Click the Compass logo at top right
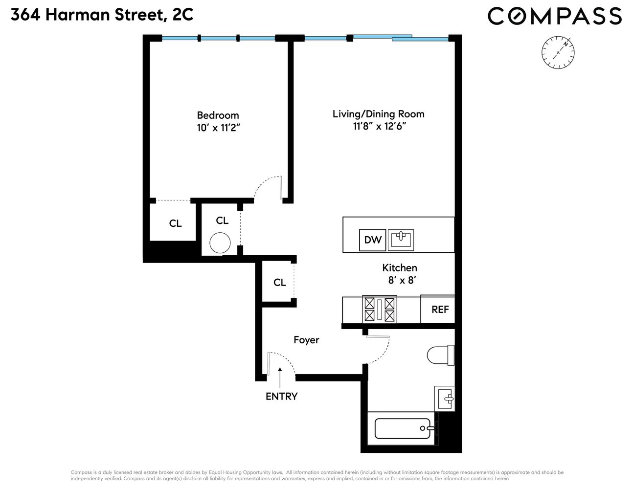(555, 16)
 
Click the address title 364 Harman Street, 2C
(102, 15)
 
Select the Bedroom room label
(218, 115)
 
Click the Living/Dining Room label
(378, 114)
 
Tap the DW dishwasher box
(373, 240)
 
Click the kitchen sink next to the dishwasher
(401, 240)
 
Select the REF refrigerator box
(440, 309)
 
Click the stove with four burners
(379, 310)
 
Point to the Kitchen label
(400, 267)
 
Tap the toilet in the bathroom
(440, 355)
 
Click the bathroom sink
(445, 399)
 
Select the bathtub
(404, 428)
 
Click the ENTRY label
(281, 396)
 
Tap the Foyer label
(306, 340)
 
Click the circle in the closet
(220, 243)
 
